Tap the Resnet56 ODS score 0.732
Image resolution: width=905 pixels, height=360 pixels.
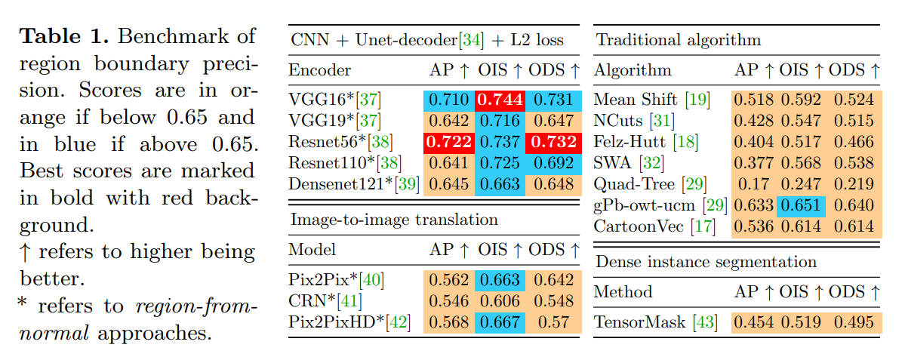[x=554, y=142]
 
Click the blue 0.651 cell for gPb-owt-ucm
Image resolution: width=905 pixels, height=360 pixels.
[x=802, y=205]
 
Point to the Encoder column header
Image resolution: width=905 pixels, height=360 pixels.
[x=320, y=71]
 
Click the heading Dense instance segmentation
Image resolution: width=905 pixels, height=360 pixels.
[x=706, y=262]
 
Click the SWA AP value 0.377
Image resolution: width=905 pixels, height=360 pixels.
[x=756, y=163]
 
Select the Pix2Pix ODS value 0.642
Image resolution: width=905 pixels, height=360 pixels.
[x=554, y=280]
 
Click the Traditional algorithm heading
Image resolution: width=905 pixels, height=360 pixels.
[x=679, y=40]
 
